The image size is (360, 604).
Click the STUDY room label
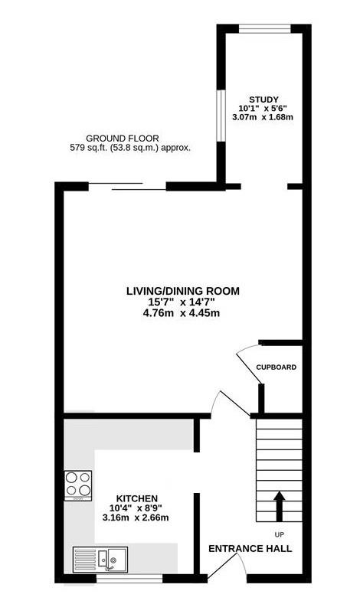pos(263,100)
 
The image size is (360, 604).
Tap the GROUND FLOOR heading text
pos(123,139)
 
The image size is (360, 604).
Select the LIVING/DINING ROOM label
pos(183,291)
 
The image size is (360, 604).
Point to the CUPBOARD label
pos(277,367)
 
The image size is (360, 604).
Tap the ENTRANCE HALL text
pos(250,549)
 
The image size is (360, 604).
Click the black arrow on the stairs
pos(279,506)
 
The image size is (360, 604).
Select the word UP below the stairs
pos(279,534)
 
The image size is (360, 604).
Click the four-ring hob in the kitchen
pos(78,485)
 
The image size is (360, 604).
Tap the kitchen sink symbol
pos(100,560)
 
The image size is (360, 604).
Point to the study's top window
pos(265,29)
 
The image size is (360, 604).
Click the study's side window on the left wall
pos(221,116)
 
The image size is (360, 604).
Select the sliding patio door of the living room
pos(127,186)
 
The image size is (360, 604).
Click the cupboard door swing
pos(250,364)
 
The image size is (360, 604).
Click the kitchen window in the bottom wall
pos(129,578)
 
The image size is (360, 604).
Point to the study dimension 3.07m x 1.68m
pos(263,117)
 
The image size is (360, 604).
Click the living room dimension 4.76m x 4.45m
pos(182,313)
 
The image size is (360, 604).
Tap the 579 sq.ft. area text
pos(130,148)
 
